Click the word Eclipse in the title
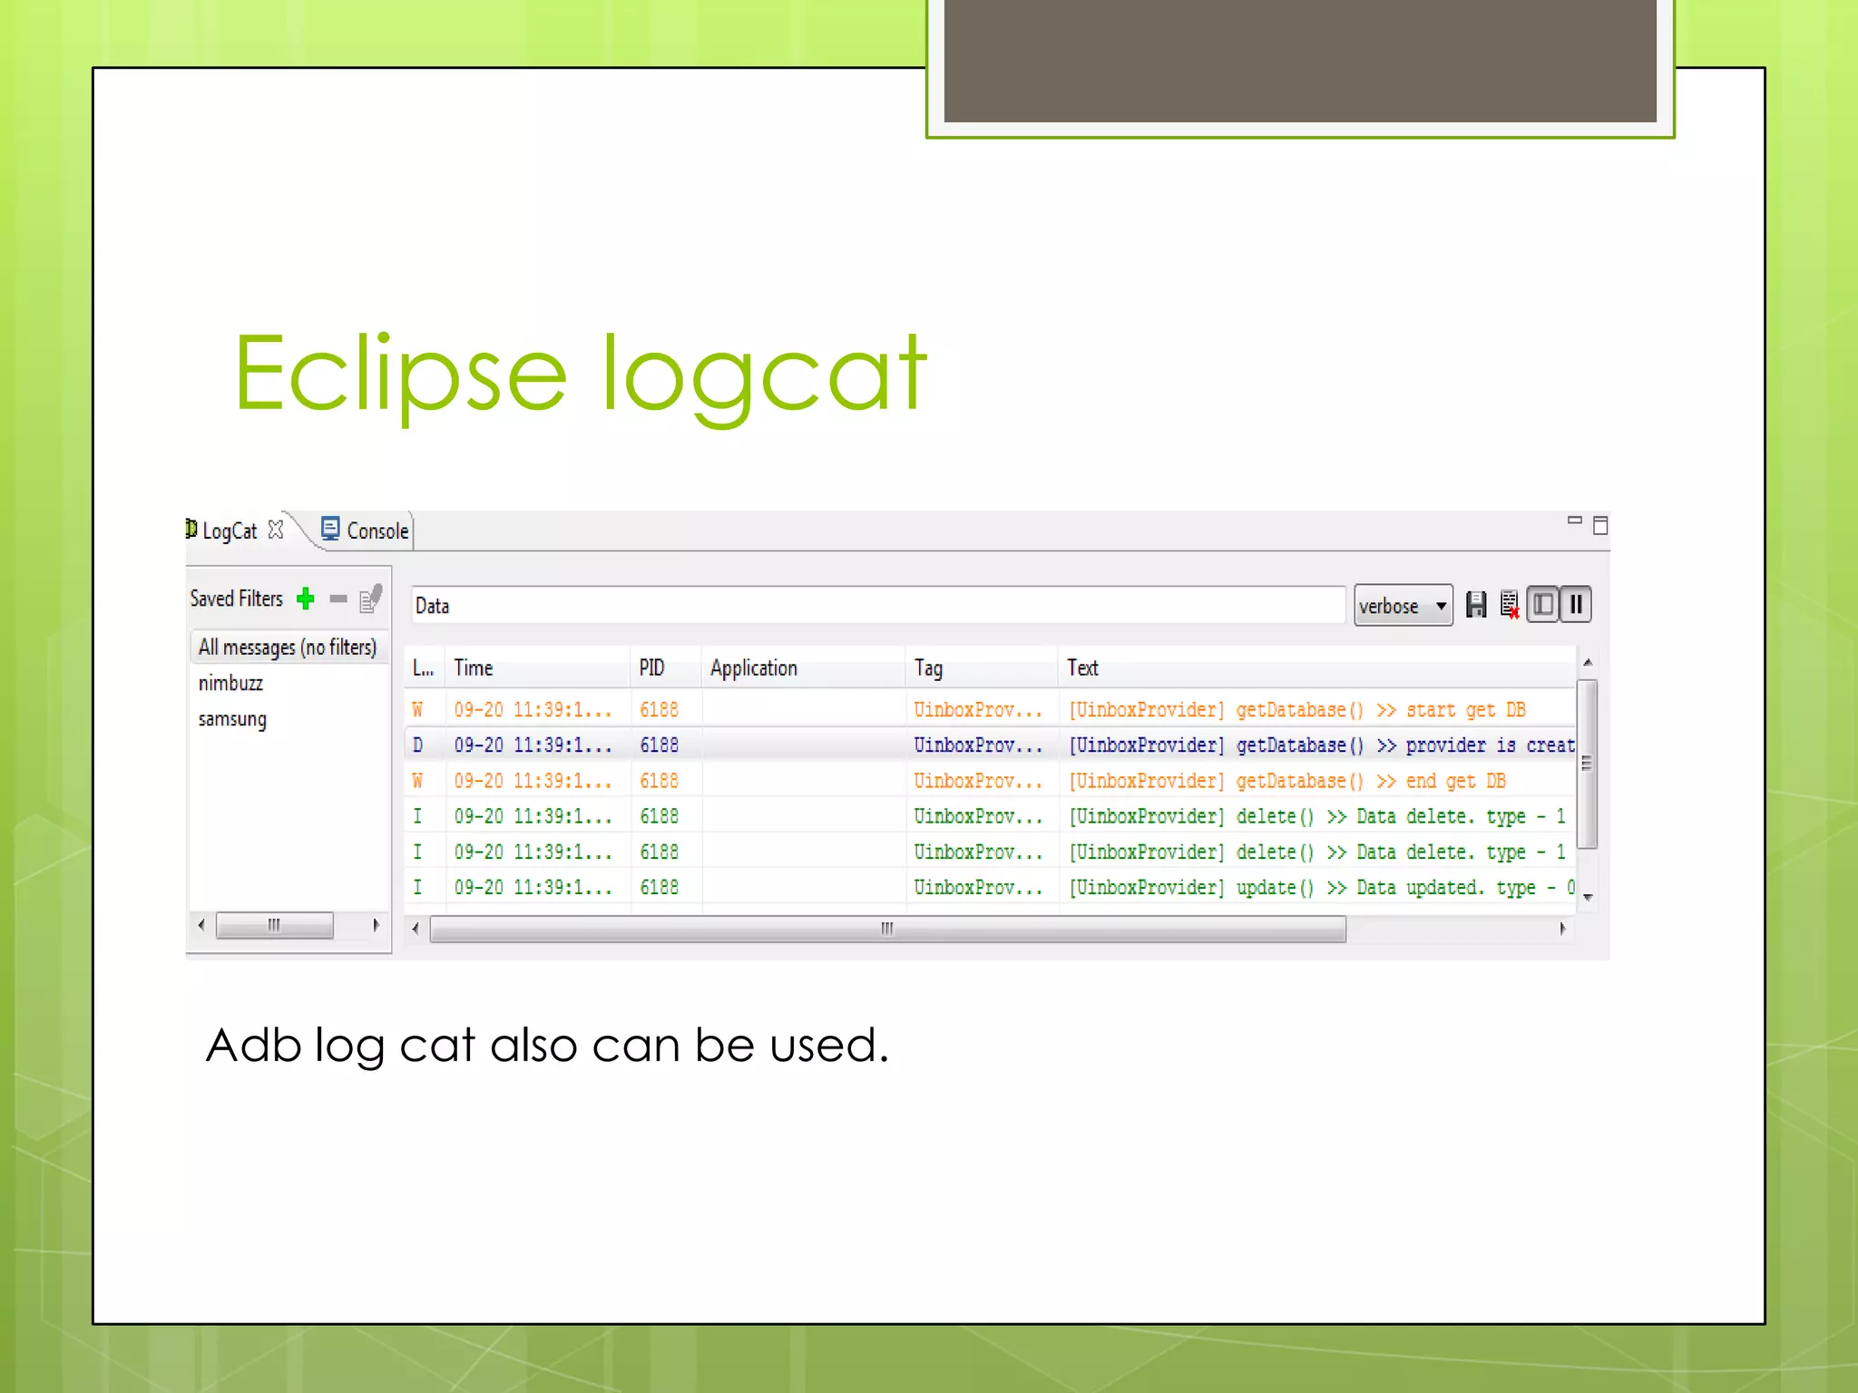coord(400,374)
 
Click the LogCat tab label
coord(229,531)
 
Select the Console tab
coord(376,531)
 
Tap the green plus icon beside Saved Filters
coord(306,599)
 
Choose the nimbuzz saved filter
coord(230,683)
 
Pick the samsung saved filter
coord(232,719)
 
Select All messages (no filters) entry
coord(287,647)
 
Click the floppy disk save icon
coord(1476,605)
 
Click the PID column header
coord(651,668)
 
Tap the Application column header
coord(753,668)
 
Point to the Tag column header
coord(928,668)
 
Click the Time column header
coord(474,668)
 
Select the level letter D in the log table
coord(417,745)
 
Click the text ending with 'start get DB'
coord(1296,709)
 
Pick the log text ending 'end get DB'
coord(1286,781)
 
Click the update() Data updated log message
coord(1320,887)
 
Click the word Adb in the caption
coord(253,1046)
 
